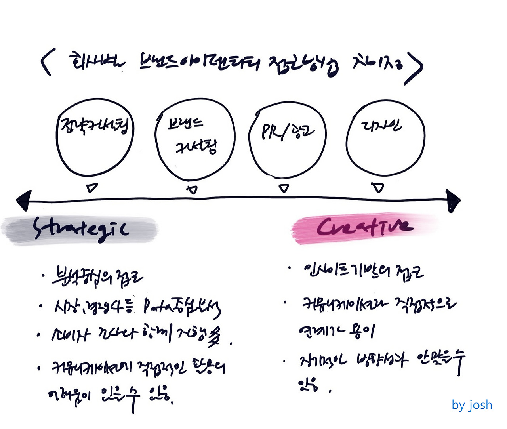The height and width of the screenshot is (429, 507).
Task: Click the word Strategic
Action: [81, 229]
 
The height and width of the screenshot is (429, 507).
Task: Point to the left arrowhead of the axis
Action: [24, 200]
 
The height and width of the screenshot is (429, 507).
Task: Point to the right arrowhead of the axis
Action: [453, 200]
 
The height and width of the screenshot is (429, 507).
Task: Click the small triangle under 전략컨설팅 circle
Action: [93, 187]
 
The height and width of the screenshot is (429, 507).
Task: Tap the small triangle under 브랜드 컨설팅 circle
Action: [193, 190]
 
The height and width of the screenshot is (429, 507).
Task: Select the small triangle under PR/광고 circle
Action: [284, 189]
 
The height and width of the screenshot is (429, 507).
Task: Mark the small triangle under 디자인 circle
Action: [379, 187]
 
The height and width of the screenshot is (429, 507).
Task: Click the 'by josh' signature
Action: [472, 405]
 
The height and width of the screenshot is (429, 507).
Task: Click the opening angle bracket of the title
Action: [46, 63]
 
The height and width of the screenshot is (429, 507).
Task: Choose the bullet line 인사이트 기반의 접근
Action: [362, 272]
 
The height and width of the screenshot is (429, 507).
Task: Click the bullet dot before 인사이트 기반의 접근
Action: [290, 268]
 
